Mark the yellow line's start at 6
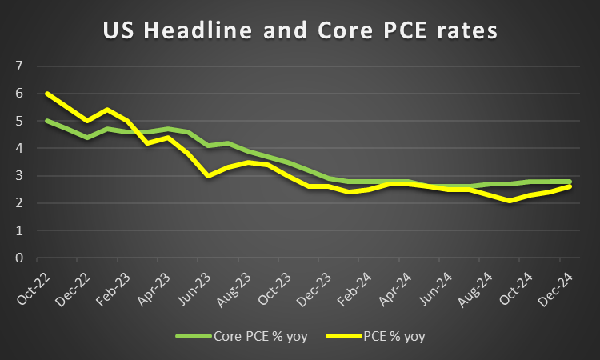pos(46,94)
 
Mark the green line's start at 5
pos(46,121)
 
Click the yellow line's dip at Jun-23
pos(209,176)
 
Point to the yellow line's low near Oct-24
pos(530,201)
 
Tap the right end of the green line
pos(570,182)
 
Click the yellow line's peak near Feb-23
pos(107,110)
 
